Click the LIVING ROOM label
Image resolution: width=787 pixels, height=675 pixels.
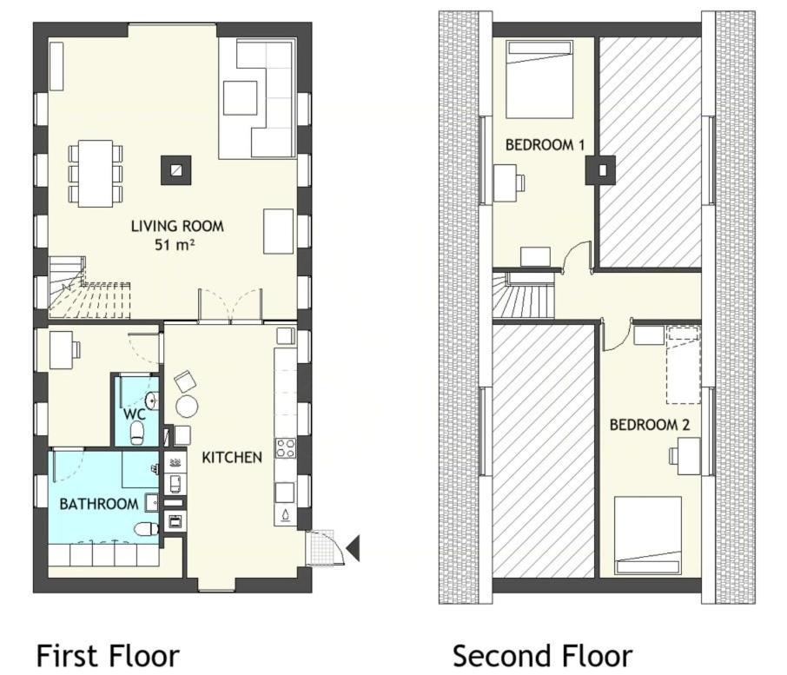177,227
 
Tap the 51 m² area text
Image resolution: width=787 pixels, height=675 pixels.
174,245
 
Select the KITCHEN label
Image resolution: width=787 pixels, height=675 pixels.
232,457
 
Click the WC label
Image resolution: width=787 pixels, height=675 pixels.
135,414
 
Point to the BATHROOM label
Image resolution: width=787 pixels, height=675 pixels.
99,504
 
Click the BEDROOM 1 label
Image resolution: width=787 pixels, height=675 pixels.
545,145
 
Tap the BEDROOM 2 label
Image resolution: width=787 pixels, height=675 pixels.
650,425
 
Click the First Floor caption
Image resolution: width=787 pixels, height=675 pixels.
108,656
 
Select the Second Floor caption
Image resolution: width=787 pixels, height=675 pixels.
542,656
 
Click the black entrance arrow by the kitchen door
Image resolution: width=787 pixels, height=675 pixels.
354,548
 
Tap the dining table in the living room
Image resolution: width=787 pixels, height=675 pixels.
96,173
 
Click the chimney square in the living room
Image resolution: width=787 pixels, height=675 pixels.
175,170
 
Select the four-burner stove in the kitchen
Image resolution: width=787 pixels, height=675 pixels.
285,448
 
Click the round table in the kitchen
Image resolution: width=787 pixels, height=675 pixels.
187,406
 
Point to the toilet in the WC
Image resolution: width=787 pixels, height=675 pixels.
136,433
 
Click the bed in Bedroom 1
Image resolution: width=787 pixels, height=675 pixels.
539,79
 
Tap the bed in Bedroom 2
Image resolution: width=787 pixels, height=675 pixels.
648,535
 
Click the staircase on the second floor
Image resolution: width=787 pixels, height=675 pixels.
524,296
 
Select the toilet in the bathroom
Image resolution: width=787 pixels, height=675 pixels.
148,528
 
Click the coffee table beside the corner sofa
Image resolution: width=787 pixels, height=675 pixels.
241,97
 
